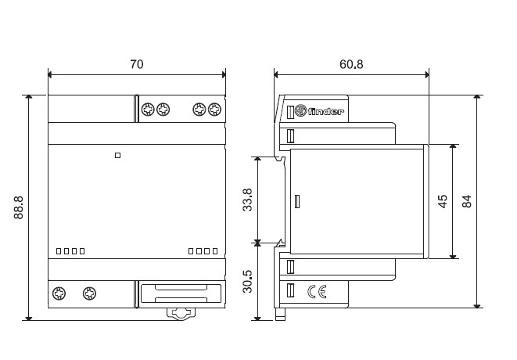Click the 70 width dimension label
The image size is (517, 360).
137,64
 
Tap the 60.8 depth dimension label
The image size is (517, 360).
351,64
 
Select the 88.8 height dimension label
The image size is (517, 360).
19,207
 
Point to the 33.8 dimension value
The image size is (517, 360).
247,200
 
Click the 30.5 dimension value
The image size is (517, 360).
247,282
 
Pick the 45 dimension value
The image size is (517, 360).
443,201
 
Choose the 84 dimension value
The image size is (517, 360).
467,201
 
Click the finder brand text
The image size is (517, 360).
325,112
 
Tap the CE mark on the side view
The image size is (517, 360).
318,292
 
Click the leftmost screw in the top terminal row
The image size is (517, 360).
148,110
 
